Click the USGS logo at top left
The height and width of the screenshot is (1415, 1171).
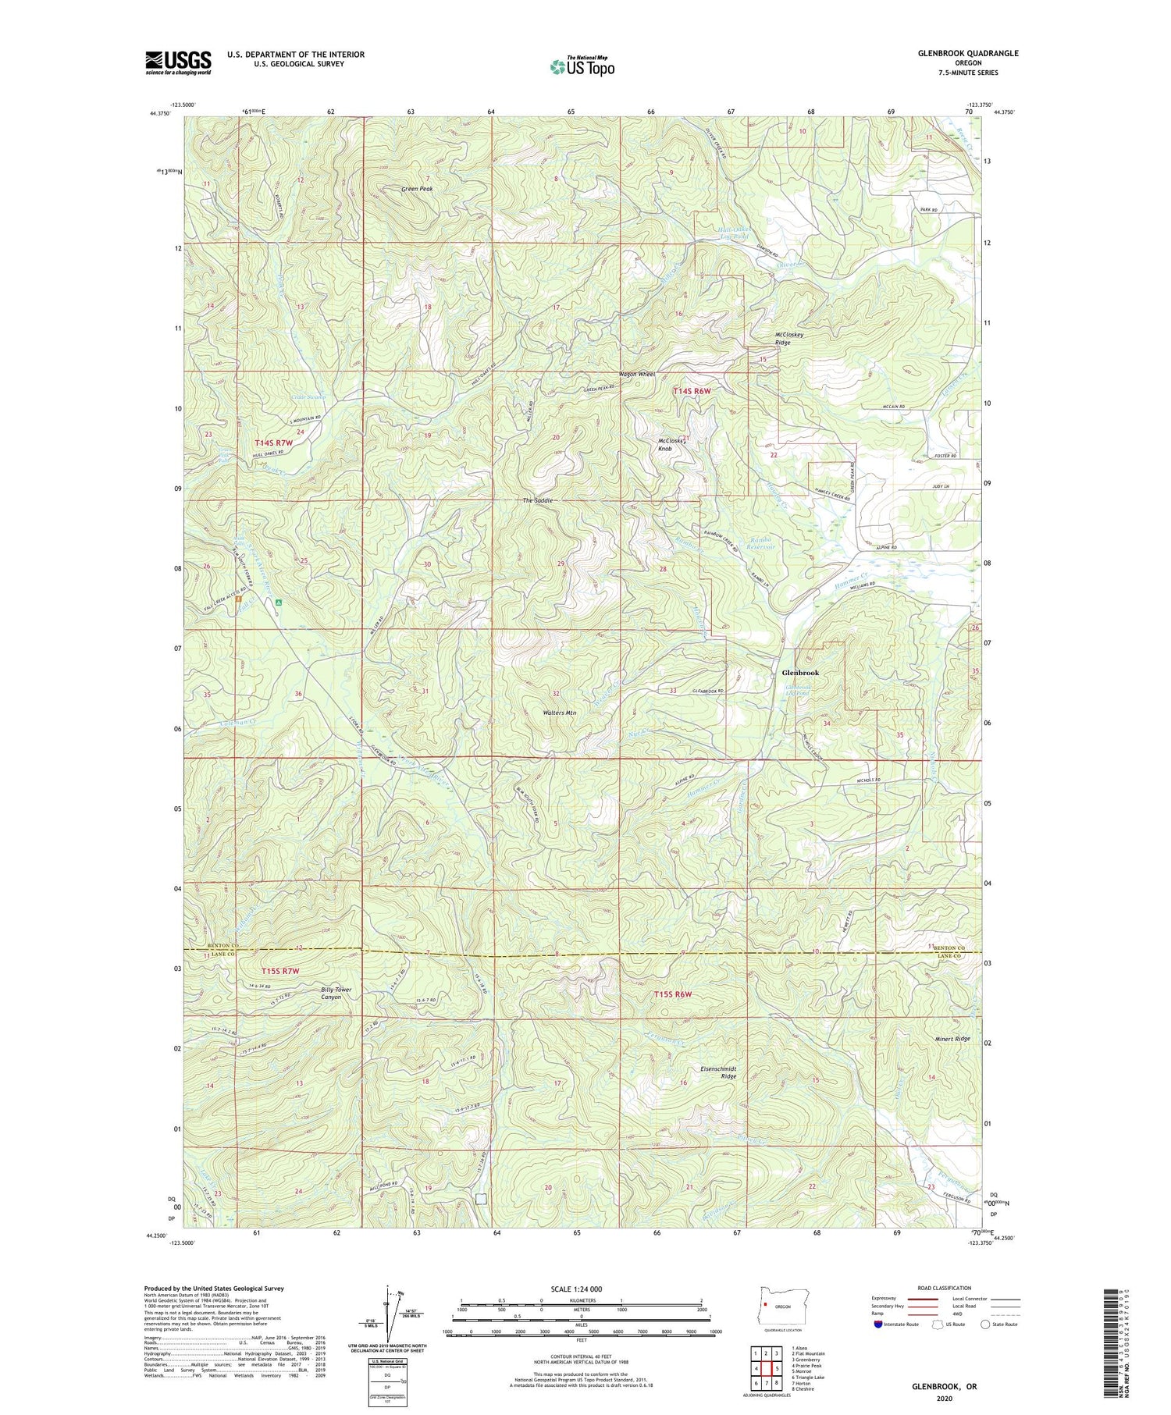pos(178,62)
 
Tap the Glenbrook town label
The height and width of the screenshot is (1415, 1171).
pos(800,673)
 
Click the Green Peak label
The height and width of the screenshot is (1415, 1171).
pos(417,189)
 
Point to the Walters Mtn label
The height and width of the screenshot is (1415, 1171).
pos(560,713)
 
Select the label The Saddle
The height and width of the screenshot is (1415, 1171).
pos(537,500)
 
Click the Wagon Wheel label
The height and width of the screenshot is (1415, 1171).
pos(636,374)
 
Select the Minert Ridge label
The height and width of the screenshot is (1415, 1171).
pos(952,1039)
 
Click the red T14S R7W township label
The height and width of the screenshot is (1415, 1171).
pos(273,443)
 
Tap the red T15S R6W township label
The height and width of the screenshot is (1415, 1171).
pos(673,994)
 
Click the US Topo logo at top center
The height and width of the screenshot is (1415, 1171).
pos(581,67)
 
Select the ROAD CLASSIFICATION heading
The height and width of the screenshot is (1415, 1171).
pos(945,1288)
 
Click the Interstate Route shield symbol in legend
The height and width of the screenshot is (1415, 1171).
pos(879,1324)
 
